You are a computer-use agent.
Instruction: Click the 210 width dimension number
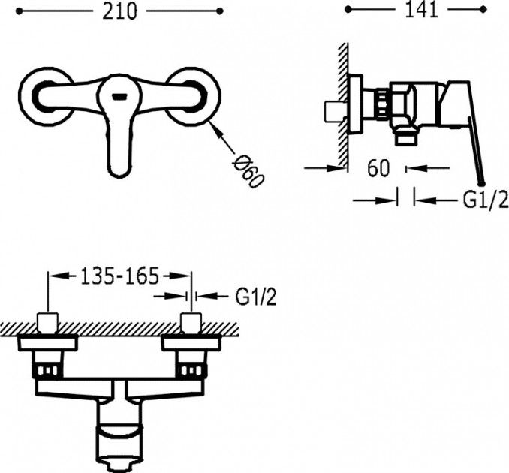[x=119, y=12]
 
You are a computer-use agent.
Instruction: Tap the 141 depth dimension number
[x=421, y=11]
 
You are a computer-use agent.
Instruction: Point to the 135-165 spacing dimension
[x=119, y=276]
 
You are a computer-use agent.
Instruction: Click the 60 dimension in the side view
[x=378, y=168]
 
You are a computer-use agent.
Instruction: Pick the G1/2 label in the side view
[x=485, y=200]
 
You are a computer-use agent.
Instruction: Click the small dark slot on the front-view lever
[x=119, y=96]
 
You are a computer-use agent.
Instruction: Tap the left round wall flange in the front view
[x=45, y=96]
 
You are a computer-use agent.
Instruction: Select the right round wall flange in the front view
[x=194, y=96]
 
